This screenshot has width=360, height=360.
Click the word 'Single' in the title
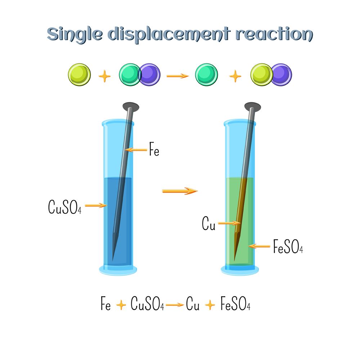click(x=75, y=35)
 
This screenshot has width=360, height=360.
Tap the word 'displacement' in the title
click(x=169, y=35)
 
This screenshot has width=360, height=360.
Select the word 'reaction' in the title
click(x=274, y=35)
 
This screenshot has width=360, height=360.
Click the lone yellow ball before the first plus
click(x=80, y=75)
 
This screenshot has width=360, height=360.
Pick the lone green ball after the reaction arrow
click(x=206, y=75)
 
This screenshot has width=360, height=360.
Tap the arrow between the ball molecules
click(x=177, y=76)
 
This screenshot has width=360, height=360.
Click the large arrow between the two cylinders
click(x=180, y=191)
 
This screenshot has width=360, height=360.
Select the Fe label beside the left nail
click(x=154, y=149)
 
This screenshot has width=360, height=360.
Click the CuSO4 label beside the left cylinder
click(x=65, y=207)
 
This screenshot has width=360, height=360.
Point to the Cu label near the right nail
click(x=208, y=224)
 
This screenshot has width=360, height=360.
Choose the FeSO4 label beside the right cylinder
click(x=288, y=246)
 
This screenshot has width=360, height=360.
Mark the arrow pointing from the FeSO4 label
click(x=259, y=246)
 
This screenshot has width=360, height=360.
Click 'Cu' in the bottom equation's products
click(x=193, y=303)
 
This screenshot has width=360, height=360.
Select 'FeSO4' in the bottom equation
click(x=235, y=303)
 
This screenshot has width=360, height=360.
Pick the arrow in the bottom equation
click(x=175, y=305)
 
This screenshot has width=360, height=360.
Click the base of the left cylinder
click(x=118, y=270)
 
